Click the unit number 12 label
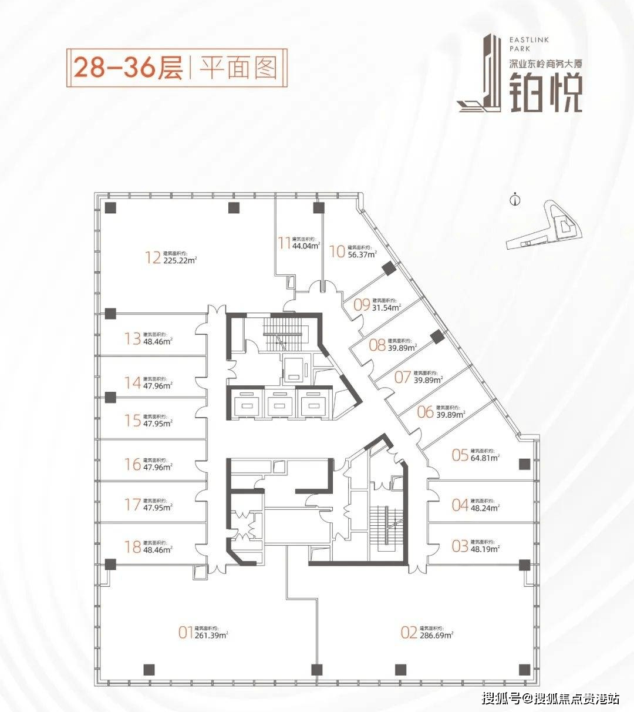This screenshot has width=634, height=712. (x=153, y=257)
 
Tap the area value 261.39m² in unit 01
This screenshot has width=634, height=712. (x=211, y=635)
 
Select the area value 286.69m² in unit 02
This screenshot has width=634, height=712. (x=436, y=635)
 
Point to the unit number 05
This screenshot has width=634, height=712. (x=460, y=455)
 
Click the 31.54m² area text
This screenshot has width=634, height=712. (x=386, y=307)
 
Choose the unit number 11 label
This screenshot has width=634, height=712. (x=285, y=243)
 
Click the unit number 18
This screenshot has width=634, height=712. (x=133, y=547)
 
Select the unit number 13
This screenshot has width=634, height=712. (x=133, y=338)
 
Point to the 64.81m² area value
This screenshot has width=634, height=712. (x=485, y=458)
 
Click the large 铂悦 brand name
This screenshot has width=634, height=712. (x=545, y=93)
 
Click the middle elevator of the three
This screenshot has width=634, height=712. (x=279, y=405)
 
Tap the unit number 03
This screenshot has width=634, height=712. (x=460, y=546)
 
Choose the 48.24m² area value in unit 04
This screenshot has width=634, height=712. (x=485, y=508)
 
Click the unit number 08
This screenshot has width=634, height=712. (x=377, y=345)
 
